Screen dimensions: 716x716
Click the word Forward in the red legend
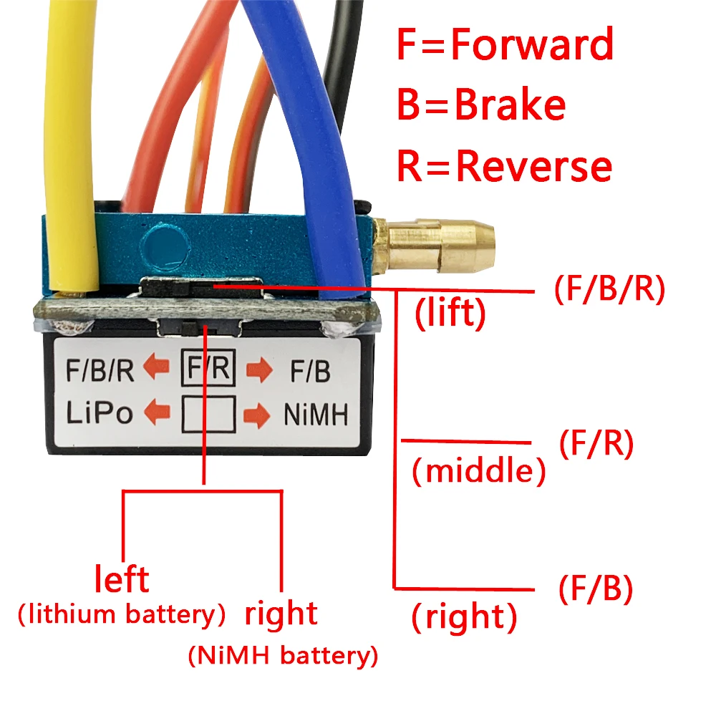pos(533,44)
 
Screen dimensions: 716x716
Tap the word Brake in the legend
pos(510,105)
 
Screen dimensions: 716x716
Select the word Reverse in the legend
pos(534,166)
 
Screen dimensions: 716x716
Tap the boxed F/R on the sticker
pos(208,369)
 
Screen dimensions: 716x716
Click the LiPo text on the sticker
pos(100,414)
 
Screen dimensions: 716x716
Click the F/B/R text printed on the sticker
pos(100,371)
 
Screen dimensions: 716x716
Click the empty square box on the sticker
pos(208,414)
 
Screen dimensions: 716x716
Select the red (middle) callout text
pos(479,471)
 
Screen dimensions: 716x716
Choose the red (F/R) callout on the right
pos(596,445)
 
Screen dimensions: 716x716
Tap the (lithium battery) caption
pos(122,614)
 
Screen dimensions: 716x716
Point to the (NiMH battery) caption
pos(282,654)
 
